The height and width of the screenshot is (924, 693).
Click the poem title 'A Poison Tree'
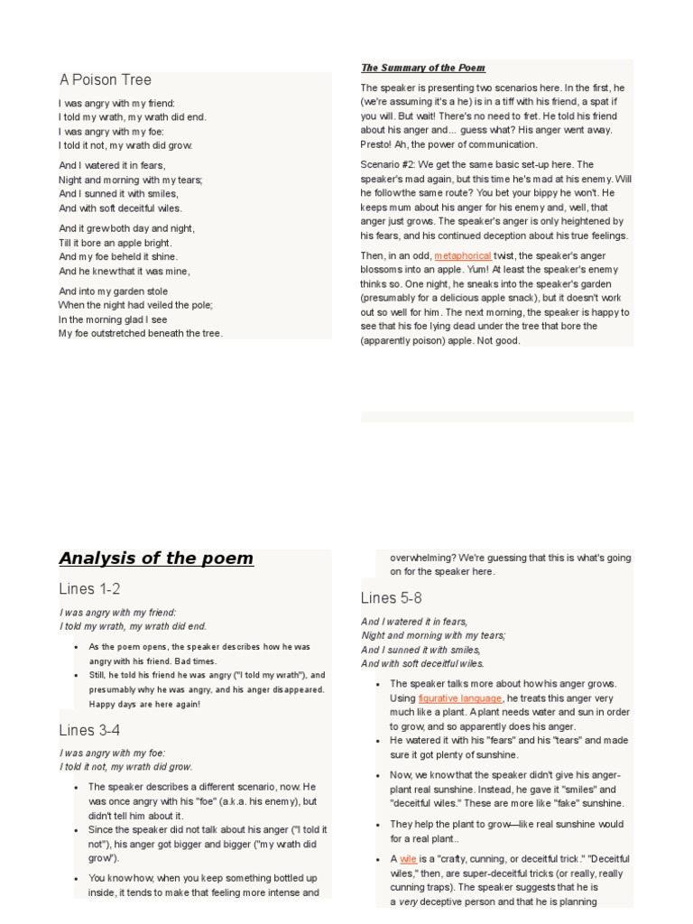pos(105,80)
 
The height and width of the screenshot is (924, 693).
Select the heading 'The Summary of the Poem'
pos(423,68)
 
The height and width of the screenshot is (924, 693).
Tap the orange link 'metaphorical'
pos(463,255)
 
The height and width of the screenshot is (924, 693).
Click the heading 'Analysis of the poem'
pos(156,558)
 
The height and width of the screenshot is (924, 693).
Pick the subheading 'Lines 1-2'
pos(89,589)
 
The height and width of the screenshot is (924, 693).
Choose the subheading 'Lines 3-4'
pos(89,730)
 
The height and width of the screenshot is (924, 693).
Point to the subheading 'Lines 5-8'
pos(391,598)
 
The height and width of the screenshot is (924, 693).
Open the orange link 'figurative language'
pos(460,698)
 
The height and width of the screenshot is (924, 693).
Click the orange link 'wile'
pos(408,859)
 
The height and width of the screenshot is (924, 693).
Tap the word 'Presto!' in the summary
pos(377,144)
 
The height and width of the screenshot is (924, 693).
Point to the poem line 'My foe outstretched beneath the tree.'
pos(141,333)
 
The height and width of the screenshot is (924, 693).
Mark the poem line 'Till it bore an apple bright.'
pos(115,243)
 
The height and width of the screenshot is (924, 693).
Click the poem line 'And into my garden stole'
pos(113,291)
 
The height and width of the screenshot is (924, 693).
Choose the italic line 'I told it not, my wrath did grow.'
pos(126,767)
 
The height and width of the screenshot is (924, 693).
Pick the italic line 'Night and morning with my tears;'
pos(433,635)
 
